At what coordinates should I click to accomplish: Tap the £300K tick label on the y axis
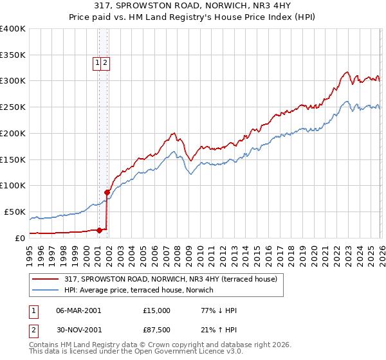13,81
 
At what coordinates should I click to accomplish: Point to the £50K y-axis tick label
15,212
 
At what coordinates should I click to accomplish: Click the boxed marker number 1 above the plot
97,62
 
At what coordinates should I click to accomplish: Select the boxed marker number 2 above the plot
105,62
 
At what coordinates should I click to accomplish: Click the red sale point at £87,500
107,192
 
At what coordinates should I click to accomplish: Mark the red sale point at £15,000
99,230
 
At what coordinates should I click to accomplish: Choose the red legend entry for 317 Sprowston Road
170,279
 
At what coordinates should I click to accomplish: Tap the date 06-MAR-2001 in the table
78,310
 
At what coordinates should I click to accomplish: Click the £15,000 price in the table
157,310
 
